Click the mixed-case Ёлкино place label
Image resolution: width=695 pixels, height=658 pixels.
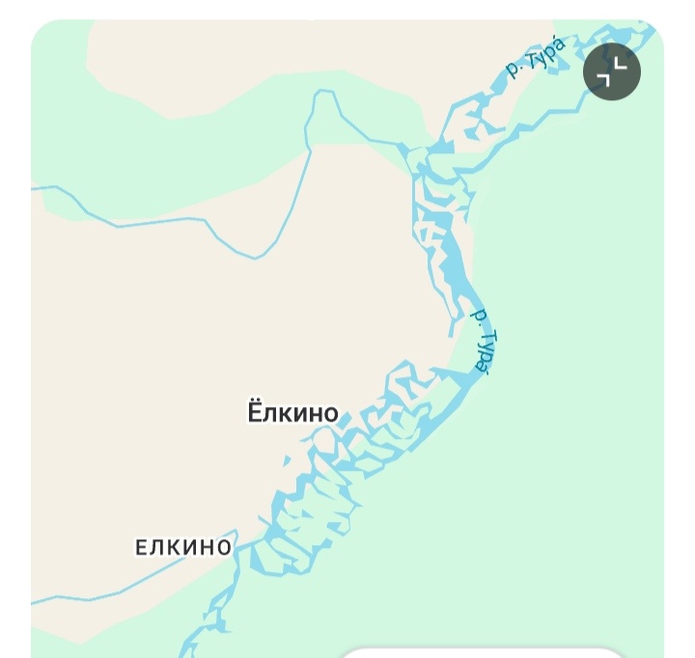[293, 413]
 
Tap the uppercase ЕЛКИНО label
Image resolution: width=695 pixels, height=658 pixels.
[183, 547]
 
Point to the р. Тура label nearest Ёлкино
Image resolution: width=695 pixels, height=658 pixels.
[483, 340]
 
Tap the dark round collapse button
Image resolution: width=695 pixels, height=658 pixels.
[612, 70]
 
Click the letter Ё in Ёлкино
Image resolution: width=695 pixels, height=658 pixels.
[256, 413]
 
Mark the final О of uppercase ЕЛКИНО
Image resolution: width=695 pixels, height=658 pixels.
[224, 548]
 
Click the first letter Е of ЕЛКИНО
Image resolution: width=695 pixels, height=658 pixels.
[142, 548]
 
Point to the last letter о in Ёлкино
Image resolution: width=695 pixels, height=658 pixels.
[330, 415]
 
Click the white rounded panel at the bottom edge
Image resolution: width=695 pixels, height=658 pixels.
[483, 652]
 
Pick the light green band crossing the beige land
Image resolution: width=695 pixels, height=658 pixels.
[193, 174]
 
